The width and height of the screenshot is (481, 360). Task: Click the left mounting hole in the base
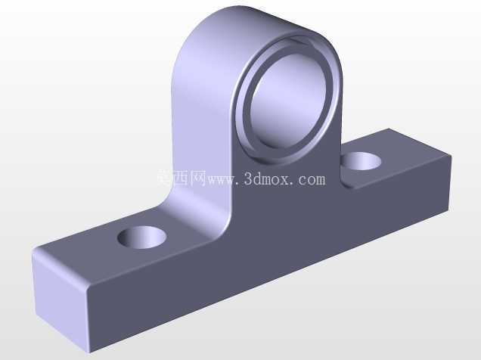point(141,237)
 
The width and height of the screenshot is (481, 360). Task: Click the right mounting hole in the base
point(362,160)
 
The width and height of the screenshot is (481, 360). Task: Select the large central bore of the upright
point(288,101)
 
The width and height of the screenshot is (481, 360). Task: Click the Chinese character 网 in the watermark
point(197,178)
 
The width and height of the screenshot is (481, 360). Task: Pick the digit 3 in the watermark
point(247,179)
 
